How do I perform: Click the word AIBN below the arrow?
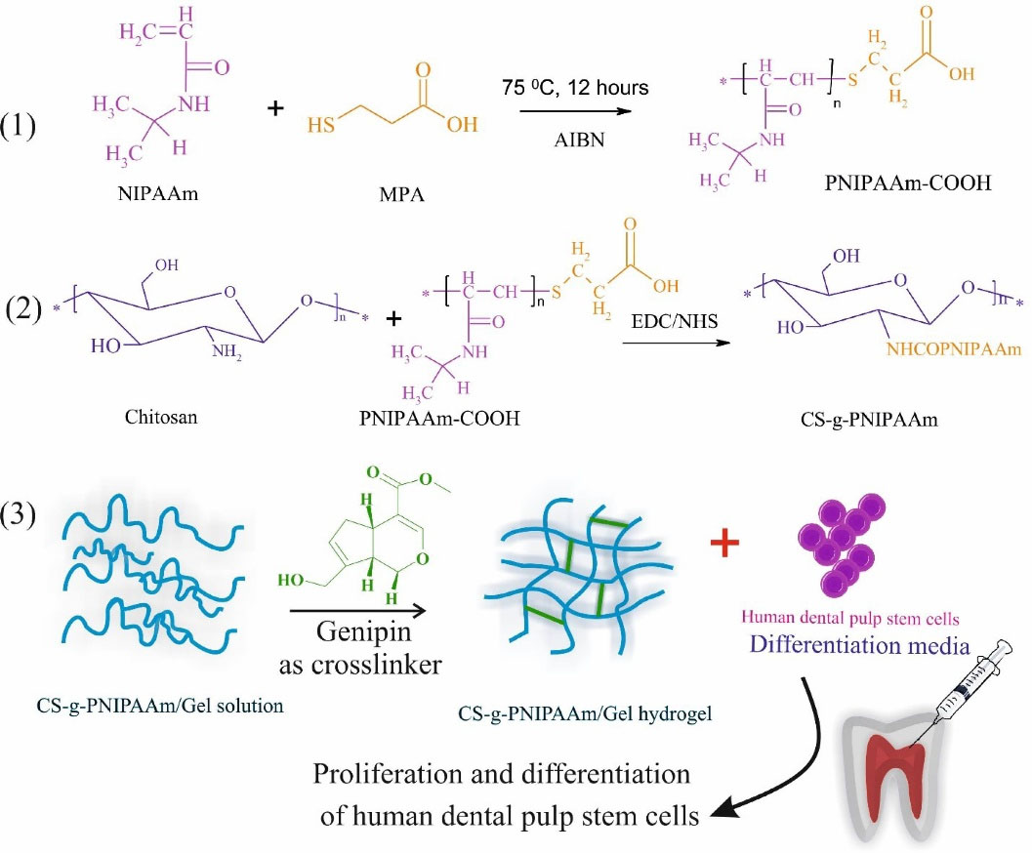click(x=580, y=140)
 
